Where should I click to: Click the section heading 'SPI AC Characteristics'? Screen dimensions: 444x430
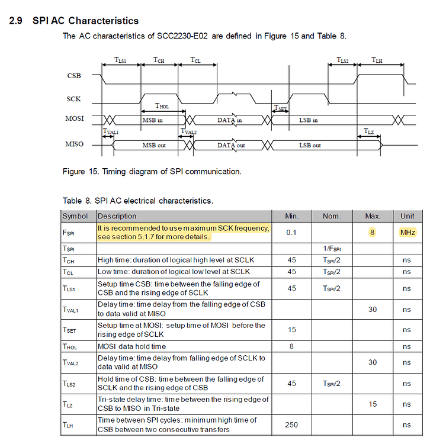pyautogui.click(x=86, y=21)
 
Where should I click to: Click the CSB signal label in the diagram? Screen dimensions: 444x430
pyautogui.click(x=74, y=76)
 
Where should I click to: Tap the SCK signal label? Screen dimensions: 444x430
pyautogui.click(x=74, y=99)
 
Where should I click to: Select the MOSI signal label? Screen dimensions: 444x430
pyautogui.click(x=75, y=119)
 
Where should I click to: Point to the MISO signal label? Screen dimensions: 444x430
pyautogui.click(x=75, y=144)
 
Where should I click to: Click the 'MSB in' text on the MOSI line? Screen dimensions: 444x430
pyautogui.click(x=153, y=120)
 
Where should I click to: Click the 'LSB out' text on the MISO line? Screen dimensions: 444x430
pyautogui.click(x=309, y=145)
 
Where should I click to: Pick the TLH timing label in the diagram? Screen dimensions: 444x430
pyautogui.click(x=377, y=60)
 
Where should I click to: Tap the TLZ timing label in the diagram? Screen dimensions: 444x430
pyautogui.click(x=368, y=131)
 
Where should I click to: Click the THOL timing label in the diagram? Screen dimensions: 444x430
pyautogui.click(x=162, y=106)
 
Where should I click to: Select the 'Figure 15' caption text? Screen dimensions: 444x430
pyautogui.click(x=152, y=172)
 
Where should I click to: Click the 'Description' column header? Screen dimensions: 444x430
pyautogui.click(x=117, y=216)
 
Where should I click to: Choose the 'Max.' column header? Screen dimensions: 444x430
pyautogui.click(x=372, y=216)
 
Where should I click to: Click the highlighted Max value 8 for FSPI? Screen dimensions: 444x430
pyautogui.click(x=373, y=233)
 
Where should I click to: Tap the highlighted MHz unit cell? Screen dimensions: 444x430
pyautogui.click(x=407, y=233)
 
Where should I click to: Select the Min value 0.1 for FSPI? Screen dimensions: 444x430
pyautogui.click(x=291, y=233)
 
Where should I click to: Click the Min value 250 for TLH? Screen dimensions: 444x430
pyautogui.click(x=291, y=424)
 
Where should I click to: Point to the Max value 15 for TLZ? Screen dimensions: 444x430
pyautogui.click(x=373, y=404)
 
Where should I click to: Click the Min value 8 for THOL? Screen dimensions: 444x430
pyautogui.click(x=291, y=346)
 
